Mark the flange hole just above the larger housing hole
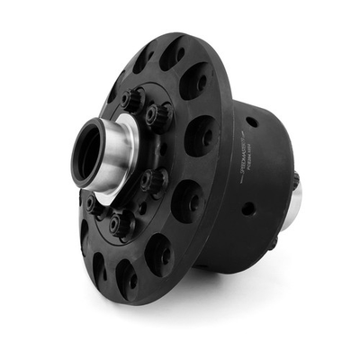(187, 200)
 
